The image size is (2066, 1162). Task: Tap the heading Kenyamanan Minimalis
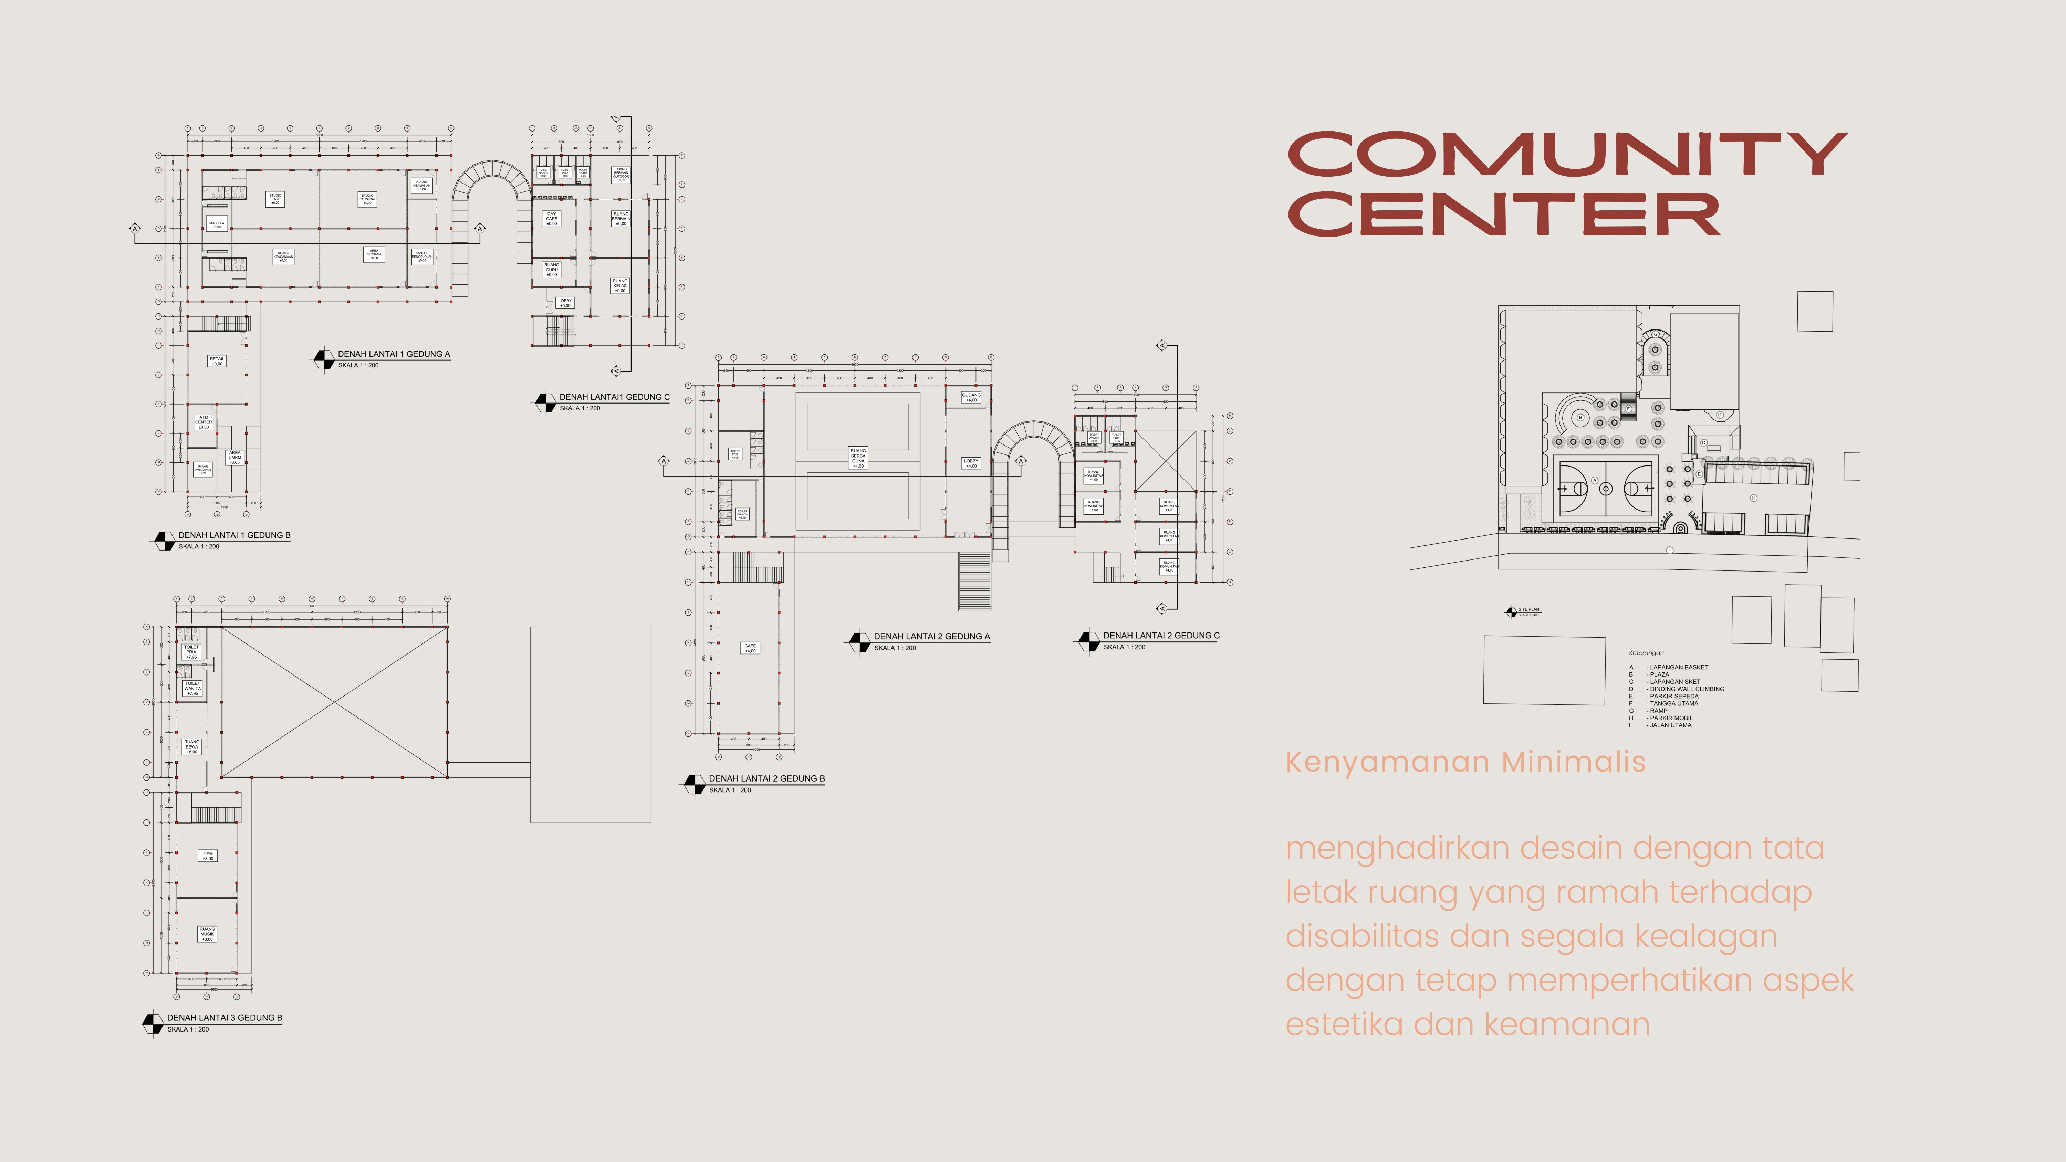(1465, 762)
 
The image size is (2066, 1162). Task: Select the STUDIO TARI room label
(275, 198)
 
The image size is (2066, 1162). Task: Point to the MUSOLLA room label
(217, 224)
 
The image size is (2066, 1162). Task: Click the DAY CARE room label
(552, 218)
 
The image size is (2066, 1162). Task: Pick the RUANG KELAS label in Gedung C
(620, 285)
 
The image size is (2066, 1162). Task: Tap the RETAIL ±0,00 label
(217, 361)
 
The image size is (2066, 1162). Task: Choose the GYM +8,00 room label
(208, 856)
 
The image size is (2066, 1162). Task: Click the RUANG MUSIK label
(207, 933)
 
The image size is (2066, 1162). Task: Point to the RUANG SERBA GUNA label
(858, 457)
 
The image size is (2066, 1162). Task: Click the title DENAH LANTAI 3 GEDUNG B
(225, 1018)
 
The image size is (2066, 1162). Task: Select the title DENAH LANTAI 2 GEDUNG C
(1160, 635)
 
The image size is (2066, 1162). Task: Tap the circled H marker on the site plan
(1753, 498)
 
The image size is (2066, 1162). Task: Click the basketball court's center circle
(1606, 488)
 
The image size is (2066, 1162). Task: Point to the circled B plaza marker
(1581, 417)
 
